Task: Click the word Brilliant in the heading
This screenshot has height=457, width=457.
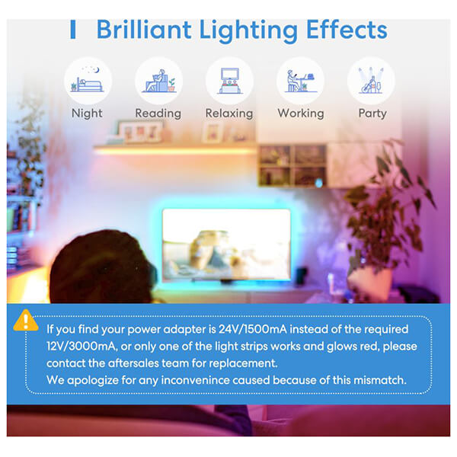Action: point(144,29)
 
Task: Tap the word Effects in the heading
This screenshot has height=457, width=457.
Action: point(347,29)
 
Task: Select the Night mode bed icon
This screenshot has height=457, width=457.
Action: point(88,81)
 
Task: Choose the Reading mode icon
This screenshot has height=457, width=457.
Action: point(159,81)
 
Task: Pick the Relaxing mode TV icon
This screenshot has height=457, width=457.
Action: point(230,81)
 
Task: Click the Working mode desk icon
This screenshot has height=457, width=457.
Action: point(301,81)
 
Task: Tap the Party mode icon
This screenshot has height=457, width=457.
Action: point(372,81)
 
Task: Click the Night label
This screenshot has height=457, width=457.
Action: point(87,113)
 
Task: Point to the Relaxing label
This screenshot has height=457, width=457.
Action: point(229,113)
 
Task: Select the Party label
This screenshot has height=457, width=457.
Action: point(372,113)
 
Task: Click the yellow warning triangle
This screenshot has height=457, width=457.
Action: point(26,321)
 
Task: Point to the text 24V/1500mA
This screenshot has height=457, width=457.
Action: point(253,329)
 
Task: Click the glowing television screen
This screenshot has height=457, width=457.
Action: point(226,244)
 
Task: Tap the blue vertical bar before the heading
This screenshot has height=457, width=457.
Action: point(73,29)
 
